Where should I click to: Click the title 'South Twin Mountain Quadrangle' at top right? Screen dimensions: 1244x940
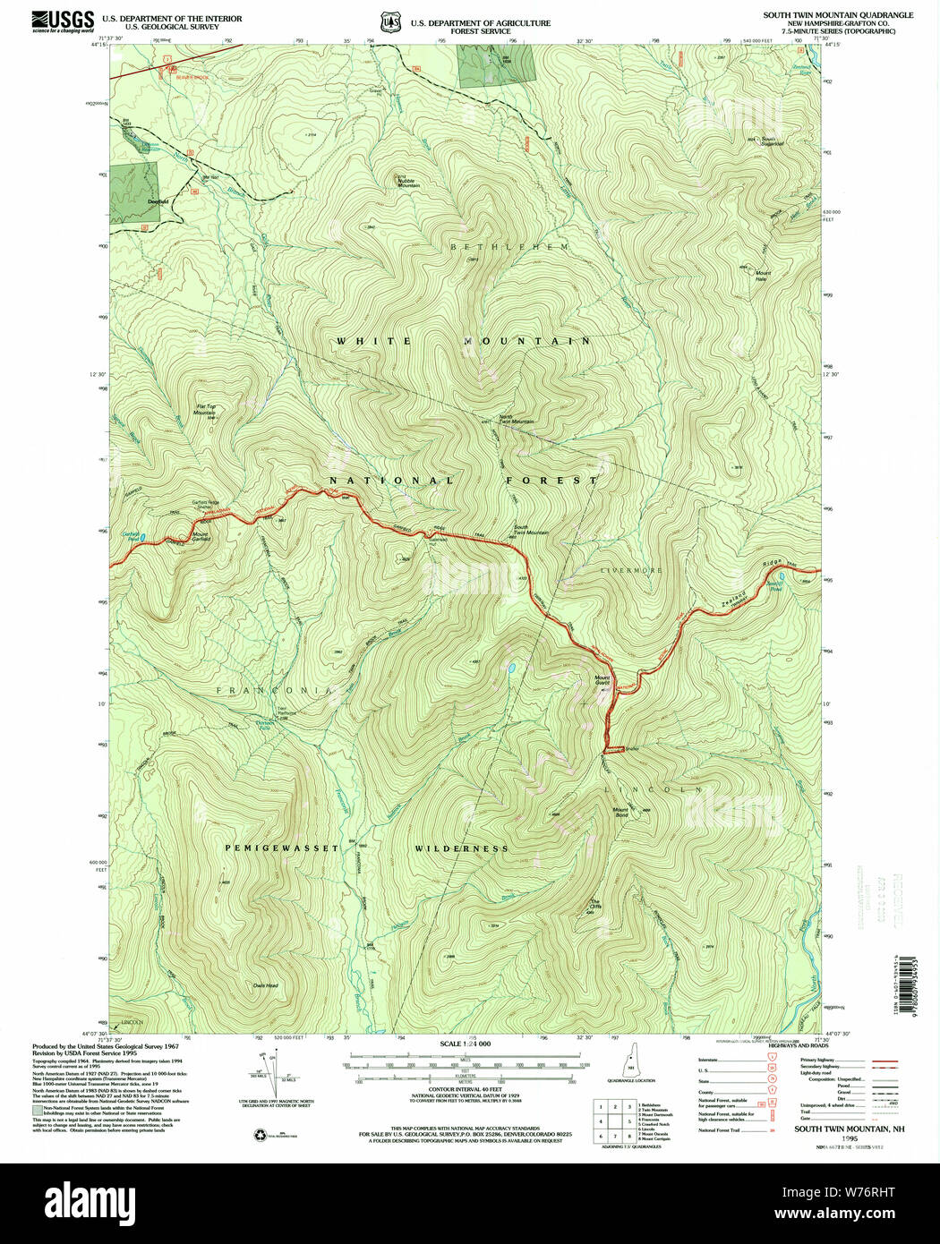click(x=838, y=15)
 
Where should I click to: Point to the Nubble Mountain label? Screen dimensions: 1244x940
click(x=408, y=183)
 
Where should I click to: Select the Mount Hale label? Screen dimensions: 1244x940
click(x=762, y=276)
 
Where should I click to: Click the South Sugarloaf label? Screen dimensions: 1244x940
click(x=773, y=141)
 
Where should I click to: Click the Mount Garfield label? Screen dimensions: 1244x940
click(x=201, y=537)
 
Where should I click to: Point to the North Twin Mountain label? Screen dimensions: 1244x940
click(x=517, y=420)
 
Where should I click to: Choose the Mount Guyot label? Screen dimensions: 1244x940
click(x=602, y=680)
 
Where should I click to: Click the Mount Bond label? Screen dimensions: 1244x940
click(x=620, y=812)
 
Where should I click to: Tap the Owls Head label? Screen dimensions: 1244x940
click(x=265, y=985)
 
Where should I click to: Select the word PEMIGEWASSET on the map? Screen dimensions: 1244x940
click(x=281, y=848)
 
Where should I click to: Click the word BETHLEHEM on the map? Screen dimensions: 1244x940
click(x=508, y=246)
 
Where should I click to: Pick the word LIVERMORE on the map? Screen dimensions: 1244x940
click(x=631, y=569)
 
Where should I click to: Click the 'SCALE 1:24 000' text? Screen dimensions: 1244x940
click(x=465, y=1044)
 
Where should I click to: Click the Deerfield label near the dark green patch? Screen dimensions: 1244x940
click(x=158, y=201)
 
